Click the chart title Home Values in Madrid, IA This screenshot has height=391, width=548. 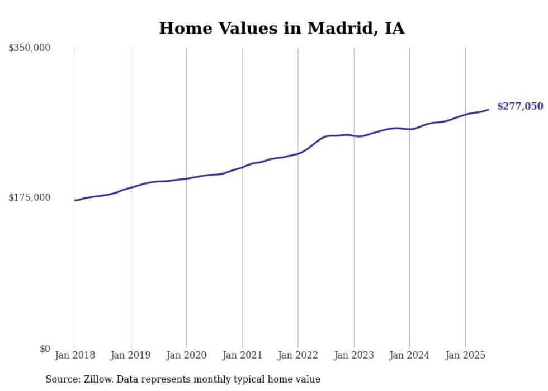point(282,29)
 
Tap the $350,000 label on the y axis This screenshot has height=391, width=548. point(30,48)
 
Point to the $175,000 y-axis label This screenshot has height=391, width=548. point(30,197)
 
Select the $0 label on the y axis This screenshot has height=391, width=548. point(45,348)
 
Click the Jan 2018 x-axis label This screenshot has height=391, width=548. point(75,355)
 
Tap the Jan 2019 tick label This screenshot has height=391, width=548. point(131,355)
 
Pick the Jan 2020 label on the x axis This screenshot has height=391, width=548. point(187,355)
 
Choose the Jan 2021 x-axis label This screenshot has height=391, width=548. point(242,355)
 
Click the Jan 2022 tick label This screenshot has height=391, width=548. point(298,355)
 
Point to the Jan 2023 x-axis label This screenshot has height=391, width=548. point(354,355)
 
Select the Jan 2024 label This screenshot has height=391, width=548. point(409,355)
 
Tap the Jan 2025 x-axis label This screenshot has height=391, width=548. point(465,355)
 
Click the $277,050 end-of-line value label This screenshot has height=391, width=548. point(519,106)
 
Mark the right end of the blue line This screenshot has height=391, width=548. point(488,110)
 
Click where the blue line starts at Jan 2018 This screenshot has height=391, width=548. point(75,200)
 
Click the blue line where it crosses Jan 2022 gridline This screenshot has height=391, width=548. point(298,153)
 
